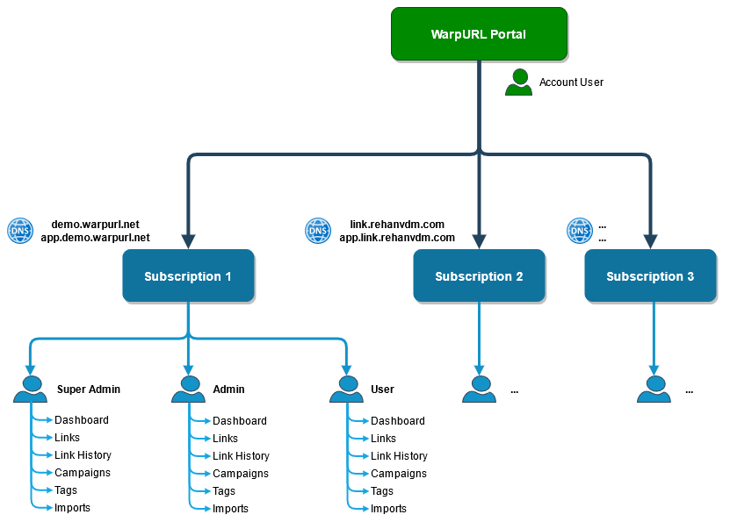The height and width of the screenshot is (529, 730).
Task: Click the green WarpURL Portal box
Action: (x=479, y=34)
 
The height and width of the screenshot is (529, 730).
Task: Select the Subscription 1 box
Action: (x=188, y=275)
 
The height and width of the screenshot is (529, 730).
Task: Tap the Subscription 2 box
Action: (x=479, y=275)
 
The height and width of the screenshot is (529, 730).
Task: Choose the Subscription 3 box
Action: (x=650, y=275)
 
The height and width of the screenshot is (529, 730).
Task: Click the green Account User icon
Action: (x=518, y=82)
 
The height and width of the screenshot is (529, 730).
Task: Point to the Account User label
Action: (x=571, y=82)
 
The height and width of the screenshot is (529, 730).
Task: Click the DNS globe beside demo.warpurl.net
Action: (x=20, y=231)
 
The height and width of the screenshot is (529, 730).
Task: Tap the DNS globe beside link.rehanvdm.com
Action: (x=318, y=231)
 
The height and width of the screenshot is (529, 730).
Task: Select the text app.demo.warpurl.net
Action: (x=96, y=238)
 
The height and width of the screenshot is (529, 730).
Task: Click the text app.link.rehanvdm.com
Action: (x=397, y=238)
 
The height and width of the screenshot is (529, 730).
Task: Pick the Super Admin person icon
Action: (x=30, y=390)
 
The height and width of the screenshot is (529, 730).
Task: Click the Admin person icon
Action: (x=188, y=390)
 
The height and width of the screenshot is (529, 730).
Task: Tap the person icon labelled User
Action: (x=346, y=390)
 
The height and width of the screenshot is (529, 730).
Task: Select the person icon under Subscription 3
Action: (x=654, y=390)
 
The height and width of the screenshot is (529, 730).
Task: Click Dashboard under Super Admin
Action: (x=82, y=419)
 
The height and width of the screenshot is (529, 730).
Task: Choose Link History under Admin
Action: (x=242, y=456)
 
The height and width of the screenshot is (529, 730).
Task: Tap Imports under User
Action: (x=388, y=509)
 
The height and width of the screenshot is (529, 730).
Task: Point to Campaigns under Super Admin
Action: (x=83, y=473)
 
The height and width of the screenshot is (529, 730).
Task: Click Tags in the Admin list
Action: (x=224, y=491)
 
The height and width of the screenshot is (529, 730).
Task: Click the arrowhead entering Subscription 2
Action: (x=479, y=241)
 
